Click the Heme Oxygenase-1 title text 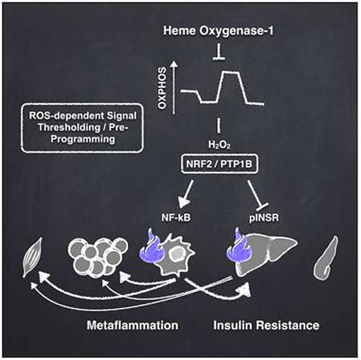coord(218,31)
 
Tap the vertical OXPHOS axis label coord(162,88)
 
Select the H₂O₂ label coord(219,144)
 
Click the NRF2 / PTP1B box coord(219,164)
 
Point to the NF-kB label coord(176,218)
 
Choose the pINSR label coord(264,218)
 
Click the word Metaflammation coord(132,325)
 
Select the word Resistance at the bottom coord(288,325)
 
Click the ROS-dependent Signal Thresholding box coord(82,127)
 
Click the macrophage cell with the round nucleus coord(176,256)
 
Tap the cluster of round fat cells coord(98,257)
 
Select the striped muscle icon coord(33,257)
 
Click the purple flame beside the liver coord(236,246)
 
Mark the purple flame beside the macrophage coord(150,245)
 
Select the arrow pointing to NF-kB coord(186,194)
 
